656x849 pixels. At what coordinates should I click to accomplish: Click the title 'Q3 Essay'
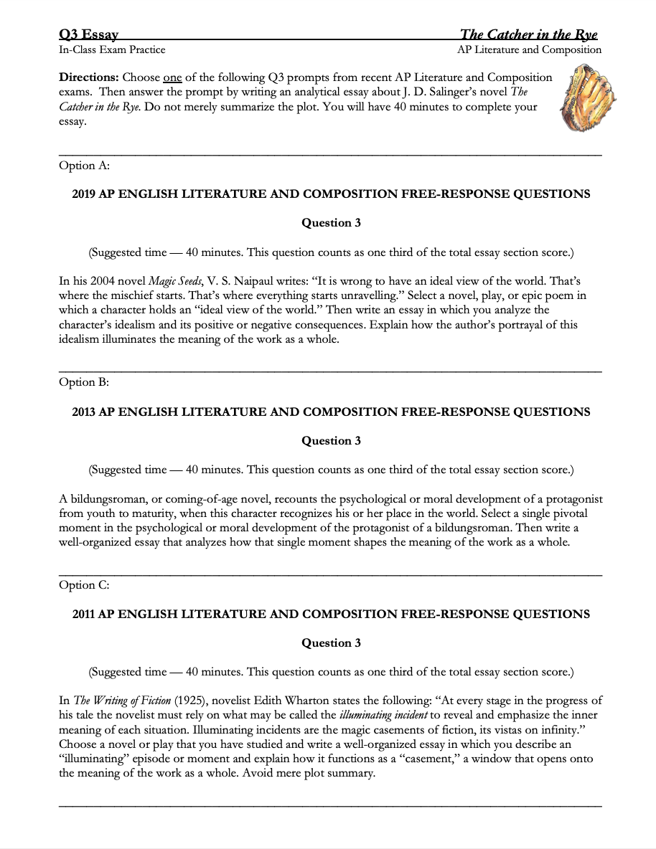[88, 34]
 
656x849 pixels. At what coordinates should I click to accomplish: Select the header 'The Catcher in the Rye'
[528, 34]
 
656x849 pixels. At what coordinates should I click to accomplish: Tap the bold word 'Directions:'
[89, 77]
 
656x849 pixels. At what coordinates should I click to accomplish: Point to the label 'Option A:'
[84, 166]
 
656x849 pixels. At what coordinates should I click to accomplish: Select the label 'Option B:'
[84, 382]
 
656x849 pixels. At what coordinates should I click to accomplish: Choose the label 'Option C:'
[84, 585]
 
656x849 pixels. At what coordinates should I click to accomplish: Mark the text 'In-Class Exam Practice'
[112, 49]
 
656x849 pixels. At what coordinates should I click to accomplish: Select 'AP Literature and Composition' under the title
[529, 49]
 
